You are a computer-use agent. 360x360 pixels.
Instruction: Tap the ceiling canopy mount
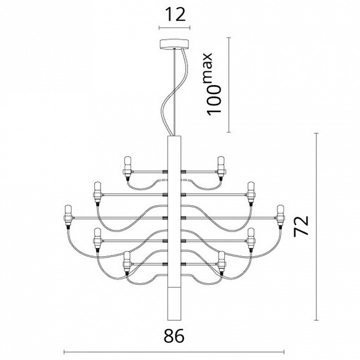(173, 44)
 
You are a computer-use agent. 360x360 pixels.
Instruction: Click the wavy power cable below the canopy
(169, 100)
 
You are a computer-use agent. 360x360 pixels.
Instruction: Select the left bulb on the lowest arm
(127, 261)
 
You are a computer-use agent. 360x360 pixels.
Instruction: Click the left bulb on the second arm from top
(96, 191)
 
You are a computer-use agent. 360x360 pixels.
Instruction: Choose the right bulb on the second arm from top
(250, 191)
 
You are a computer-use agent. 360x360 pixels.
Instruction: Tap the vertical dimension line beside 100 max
(228, 85)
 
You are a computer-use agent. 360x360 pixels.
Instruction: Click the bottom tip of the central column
(173, 318)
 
